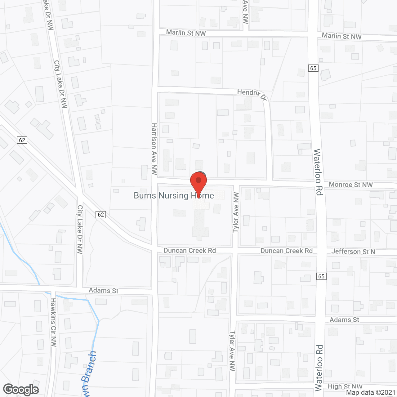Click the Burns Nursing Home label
[x=174, y=195]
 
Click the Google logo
[x=21, y=390]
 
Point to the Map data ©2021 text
[x=371, y=393]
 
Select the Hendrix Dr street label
[x=252, y=95]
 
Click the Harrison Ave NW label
[x=154, y=149]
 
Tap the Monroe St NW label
[x=350, y=185]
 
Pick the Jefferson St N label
[x=353, y=252]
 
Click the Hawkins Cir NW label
[x=54, y=322]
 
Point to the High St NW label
[x=345, y=386]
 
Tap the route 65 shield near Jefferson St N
[x=321, y=276]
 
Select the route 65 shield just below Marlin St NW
[x=313, y=68]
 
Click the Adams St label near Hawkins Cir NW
[x=103, y=291]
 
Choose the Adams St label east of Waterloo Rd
[x=344, y=320]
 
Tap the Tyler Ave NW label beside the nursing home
[x=236, y=212]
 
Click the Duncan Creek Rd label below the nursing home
[x=190, y=251]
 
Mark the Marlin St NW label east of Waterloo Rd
[x=341, y=36]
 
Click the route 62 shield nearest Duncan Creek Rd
[x=101, y=215]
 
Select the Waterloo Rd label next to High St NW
[x=319, y=368]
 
